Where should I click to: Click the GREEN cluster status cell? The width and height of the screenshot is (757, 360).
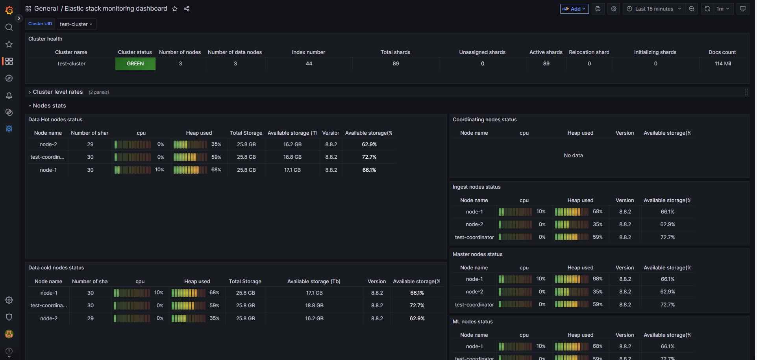tap(135, 64)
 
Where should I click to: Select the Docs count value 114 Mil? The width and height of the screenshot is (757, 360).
tap(723, 64)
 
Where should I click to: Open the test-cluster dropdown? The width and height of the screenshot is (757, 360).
tap(76, 24)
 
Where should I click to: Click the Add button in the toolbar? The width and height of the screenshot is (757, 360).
tap(574, 9)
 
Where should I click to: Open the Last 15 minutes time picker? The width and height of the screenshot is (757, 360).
tap(654, 9)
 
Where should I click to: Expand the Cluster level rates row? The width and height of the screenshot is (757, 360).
tap(57, 92)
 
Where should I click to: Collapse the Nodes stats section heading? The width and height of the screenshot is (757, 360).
tap(49, 106)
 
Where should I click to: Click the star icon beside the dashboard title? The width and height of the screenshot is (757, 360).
tap(175, 9)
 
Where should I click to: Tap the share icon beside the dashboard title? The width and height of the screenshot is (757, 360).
tap(187, 9)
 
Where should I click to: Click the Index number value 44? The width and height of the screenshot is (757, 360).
tap(309, 64)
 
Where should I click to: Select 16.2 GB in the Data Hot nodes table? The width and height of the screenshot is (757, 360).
tap(292, 145)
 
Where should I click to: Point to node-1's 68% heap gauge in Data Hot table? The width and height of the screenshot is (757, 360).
tap(190, 170)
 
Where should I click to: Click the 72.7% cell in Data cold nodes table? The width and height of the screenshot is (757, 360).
tap(417, 306)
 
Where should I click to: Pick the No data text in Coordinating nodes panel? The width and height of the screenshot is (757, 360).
tap(573, 156)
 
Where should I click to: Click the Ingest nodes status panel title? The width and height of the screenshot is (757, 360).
tap(476, 187)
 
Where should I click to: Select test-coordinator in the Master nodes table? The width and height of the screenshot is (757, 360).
tap(474, 305)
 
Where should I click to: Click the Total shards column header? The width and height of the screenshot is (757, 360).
tap(395, 52)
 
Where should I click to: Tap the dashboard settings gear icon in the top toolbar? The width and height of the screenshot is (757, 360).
tap(613, 9)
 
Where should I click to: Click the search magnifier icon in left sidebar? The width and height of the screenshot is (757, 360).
tap(9, 27)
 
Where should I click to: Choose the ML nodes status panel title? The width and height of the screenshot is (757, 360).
tap(472, 322)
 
